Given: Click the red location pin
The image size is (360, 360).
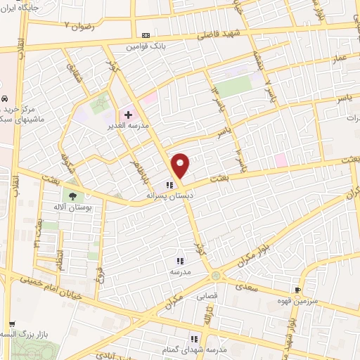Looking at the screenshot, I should pyautogui.click(x=181, y=165).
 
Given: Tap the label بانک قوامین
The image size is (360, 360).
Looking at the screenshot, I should pyautogui.click(x=140, y=46).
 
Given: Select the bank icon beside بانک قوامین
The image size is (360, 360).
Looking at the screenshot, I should pyautogui.click(x=146, y=34).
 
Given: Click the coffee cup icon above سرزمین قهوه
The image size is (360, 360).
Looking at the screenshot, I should pyautogui.click(x=298, y=289).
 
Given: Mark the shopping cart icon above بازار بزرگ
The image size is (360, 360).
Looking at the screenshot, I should pyautogui.click(x=11, y=325).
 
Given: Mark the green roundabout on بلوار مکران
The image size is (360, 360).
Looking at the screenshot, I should pyautogui.click(x=215, y=275).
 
